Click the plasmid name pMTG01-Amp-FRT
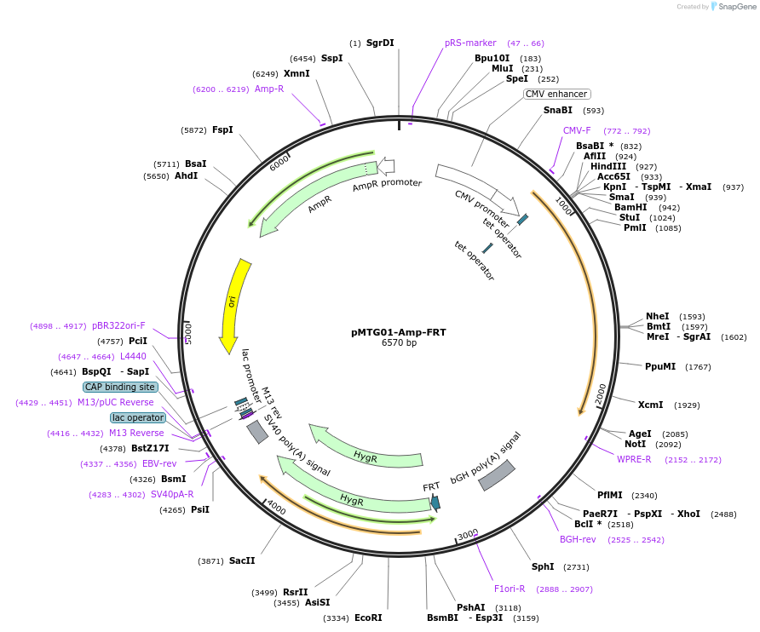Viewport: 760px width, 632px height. (398, 332)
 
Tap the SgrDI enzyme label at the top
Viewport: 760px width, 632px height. (380, 43)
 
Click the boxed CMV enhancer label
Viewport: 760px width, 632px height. (556, 94)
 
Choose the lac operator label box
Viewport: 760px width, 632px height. (138, 417)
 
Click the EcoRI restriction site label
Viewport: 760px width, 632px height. (368, 618)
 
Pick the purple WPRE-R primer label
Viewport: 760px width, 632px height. (634, 459)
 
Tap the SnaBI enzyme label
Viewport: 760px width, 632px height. (558, 110)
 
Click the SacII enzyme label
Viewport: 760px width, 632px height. (242, 560)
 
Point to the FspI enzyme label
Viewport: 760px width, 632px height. (222, 129)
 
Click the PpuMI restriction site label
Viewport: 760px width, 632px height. (660, 366)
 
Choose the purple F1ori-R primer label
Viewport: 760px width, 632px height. (510, 589)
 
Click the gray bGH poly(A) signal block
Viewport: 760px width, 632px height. (497, 475)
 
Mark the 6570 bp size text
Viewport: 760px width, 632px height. (399, 343)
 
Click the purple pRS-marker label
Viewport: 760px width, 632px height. (470, 43)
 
